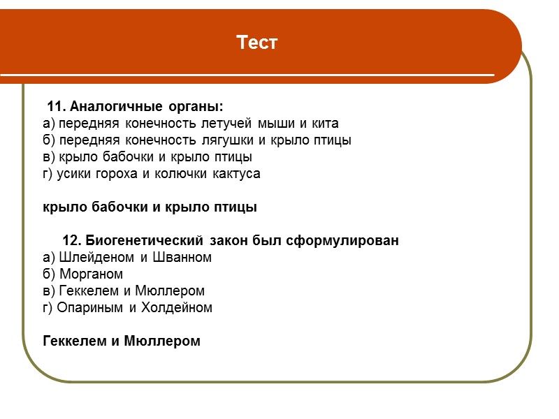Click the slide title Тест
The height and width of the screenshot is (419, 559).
pos(257,43)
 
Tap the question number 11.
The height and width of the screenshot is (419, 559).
pos(57,107)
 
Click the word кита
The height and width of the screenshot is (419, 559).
pos(324,124)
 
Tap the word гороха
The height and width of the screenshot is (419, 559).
pos(114,174)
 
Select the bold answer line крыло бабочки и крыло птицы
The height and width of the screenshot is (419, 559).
pos(150,207)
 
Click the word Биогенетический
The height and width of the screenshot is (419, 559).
pos(145,241)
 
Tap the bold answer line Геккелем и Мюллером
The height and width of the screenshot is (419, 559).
pos(122,341)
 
